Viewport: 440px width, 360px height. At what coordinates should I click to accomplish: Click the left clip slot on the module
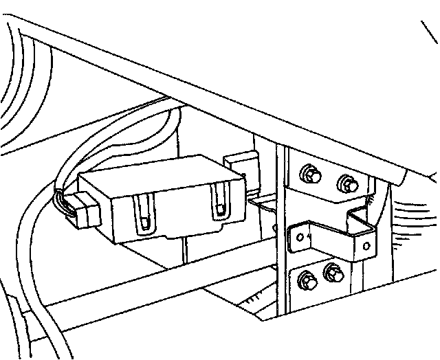(x=144, y=212)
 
